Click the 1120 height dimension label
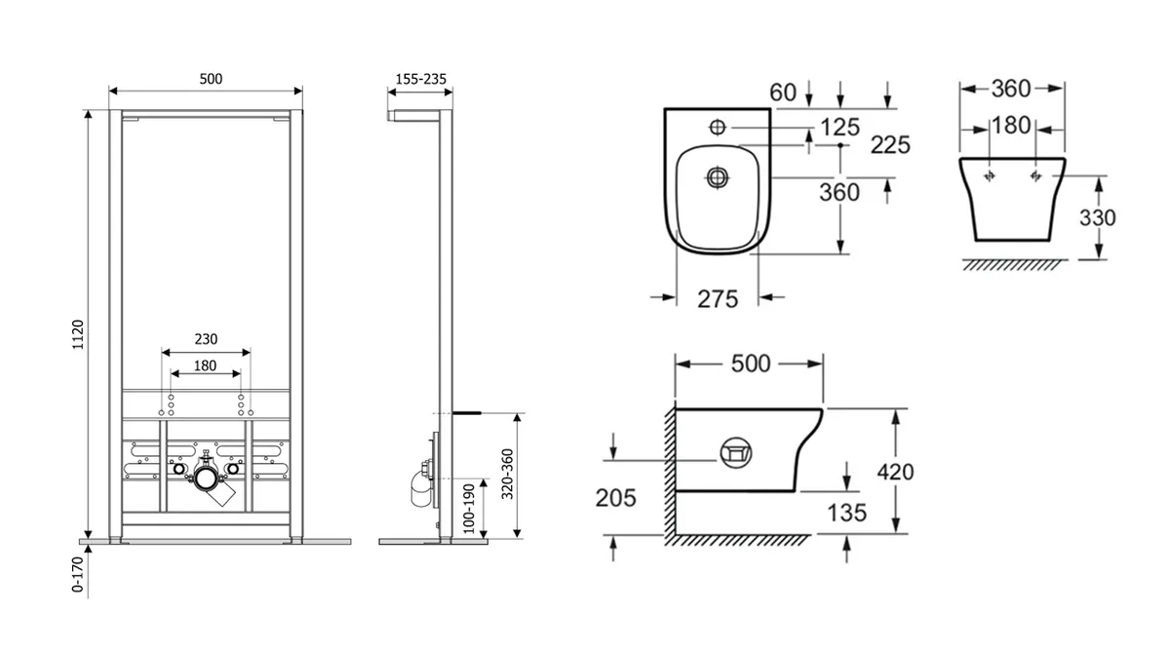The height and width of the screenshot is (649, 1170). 78,334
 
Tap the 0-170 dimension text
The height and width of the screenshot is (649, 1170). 77,575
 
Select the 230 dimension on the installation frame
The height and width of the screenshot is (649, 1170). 206,339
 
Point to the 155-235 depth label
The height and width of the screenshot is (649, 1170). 421,79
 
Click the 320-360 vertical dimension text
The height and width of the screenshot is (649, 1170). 507,475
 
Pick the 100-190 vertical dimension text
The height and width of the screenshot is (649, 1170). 469,509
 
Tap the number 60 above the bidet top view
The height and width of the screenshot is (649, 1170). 783,93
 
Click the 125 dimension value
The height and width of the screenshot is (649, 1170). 839,128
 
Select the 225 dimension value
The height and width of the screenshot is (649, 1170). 890,145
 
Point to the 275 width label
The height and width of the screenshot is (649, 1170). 718,299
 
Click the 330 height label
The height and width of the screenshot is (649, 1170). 1098,217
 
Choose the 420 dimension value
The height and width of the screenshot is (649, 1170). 895,472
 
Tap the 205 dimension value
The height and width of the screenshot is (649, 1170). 616,498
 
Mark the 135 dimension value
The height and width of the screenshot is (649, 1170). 846,513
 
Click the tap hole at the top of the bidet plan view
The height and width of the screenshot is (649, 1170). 718,127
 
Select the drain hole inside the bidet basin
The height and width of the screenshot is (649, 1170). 718,177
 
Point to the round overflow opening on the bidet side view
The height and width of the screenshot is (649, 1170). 736,453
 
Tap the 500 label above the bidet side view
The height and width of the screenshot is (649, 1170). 751,363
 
